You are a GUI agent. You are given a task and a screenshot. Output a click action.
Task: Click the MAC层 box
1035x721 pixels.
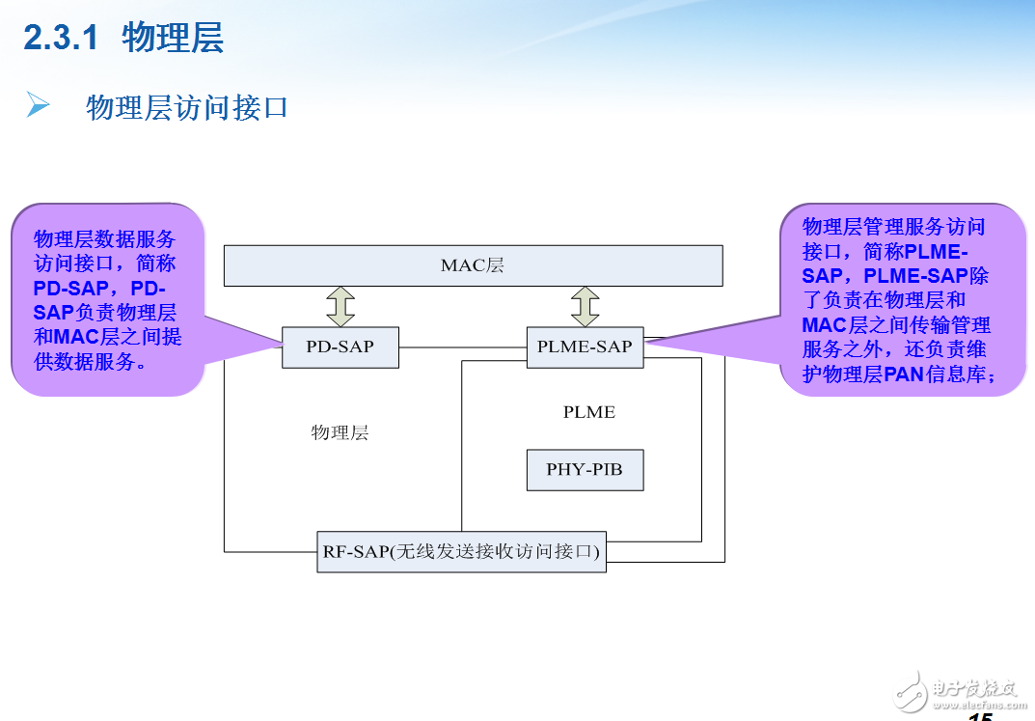pyautogui.click(x=473, y=265)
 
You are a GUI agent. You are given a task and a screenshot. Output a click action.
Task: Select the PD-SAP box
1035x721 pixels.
pyautogui.click(x=340, y=347)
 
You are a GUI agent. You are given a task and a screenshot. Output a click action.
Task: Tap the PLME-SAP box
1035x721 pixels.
pyautogui.click(x=585, y=347)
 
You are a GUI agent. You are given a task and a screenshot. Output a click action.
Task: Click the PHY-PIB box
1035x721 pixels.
pyautogui.click(x=585, y=470)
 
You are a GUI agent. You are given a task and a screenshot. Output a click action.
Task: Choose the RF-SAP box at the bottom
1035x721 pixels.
pyautogui.click(x=461, y=552)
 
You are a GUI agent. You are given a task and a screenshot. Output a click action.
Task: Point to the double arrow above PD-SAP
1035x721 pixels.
pyautogui.click(x=340, y=306)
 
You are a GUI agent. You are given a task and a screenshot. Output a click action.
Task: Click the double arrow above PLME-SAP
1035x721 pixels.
pyautogui.click(x=585, y=306)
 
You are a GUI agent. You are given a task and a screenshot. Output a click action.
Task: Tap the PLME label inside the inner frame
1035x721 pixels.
pyautogui.click(x=588, y=412)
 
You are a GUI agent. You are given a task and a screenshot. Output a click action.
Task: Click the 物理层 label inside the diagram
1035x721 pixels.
pyautogui.click(x=340, y=432)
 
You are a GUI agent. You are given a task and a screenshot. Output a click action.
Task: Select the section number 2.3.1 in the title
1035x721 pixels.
pyautogui.click(x=62, y=39)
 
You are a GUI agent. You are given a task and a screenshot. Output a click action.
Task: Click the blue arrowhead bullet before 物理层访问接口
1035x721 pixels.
pyautogui.click(x=38, y=105)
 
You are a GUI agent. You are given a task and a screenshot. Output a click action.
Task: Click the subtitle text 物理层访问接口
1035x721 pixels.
pyautogui.click(x=187, y=107)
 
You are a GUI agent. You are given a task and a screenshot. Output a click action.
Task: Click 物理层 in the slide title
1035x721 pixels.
pyautogui.click(x=173, y=39)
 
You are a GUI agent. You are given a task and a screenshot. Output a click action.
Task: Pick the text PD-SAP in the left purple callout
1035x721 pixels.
pyautogui.click(x=70, y=289)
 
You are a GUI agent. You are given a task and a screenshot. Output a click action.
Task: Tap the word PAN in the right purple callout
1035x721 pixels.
pyautogui.click(x=903, y=374)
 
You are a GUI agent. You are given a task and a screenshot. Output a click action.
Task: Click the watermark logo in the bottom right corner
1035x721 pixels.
pyautogui.click(x=955, y=687)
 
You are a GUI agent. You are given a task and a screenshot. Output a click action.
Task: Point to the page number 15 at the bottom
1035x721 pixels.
pyautogui.click(x=979, y=715)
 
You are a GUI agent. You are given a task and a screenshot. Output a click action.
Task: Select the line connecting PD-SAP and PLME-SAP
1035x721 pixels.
pyautogui.click(x=463, y=347)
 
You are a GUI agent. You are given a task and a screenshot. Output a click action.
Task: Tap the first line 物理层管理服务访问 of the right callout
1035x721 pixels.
pyautogui.click(x=893, y=228)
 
